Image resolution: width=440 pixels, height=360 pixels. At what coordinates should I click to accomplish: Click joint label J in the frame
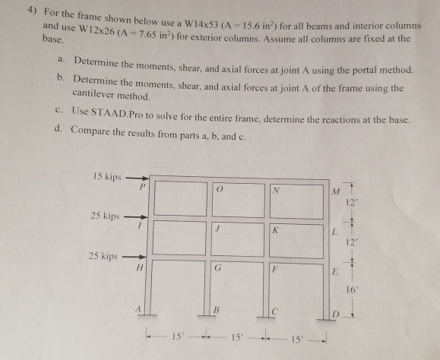(x=218, y=229)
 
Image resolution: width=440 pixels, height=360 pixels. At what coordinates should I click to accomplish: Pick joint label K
(x=276, y=229)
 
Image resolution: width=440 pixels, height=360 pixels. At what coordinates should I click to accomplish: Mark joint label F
(x=277, y=270)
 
